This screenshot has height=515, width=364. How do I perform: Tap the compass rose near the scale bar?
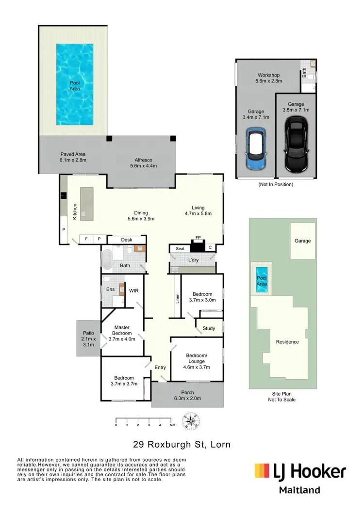click(190, 422)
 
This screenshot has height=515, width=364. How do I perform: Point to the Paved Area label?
click(73, 157)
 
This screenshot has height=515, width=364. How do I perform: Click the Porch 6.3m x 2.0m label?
click(187, 395)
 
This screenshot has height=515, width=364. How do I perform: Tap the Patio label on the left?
click(88, 338)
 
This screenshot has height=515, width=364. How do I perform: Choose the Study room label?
click(209, 328)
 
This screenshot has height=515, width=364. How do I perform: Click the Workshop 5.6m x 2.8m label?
click(269, 78)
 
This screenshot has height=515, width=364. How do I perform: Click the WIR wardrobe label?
click(134, 290)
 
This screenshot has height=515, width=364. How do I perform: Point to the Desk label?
click(127, 240)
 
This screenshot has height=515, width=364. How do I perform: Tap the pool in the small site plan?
click(262, 280)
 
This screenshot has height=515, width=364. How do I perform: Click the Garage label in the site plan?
click(302, 241)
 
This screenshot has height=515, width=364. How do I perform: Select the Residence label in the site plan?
click(287, 342)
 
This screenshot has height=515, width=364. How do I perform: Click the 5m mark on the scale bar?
click(172, 425)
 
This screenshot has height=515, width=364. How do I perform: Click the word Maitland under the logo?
click(299, 490)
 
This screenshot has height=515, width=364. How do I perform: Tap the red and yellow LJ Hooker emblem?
click(263, 470)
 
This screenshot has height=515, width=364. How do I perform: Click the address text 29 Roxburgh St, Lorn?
click(182, 444)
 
